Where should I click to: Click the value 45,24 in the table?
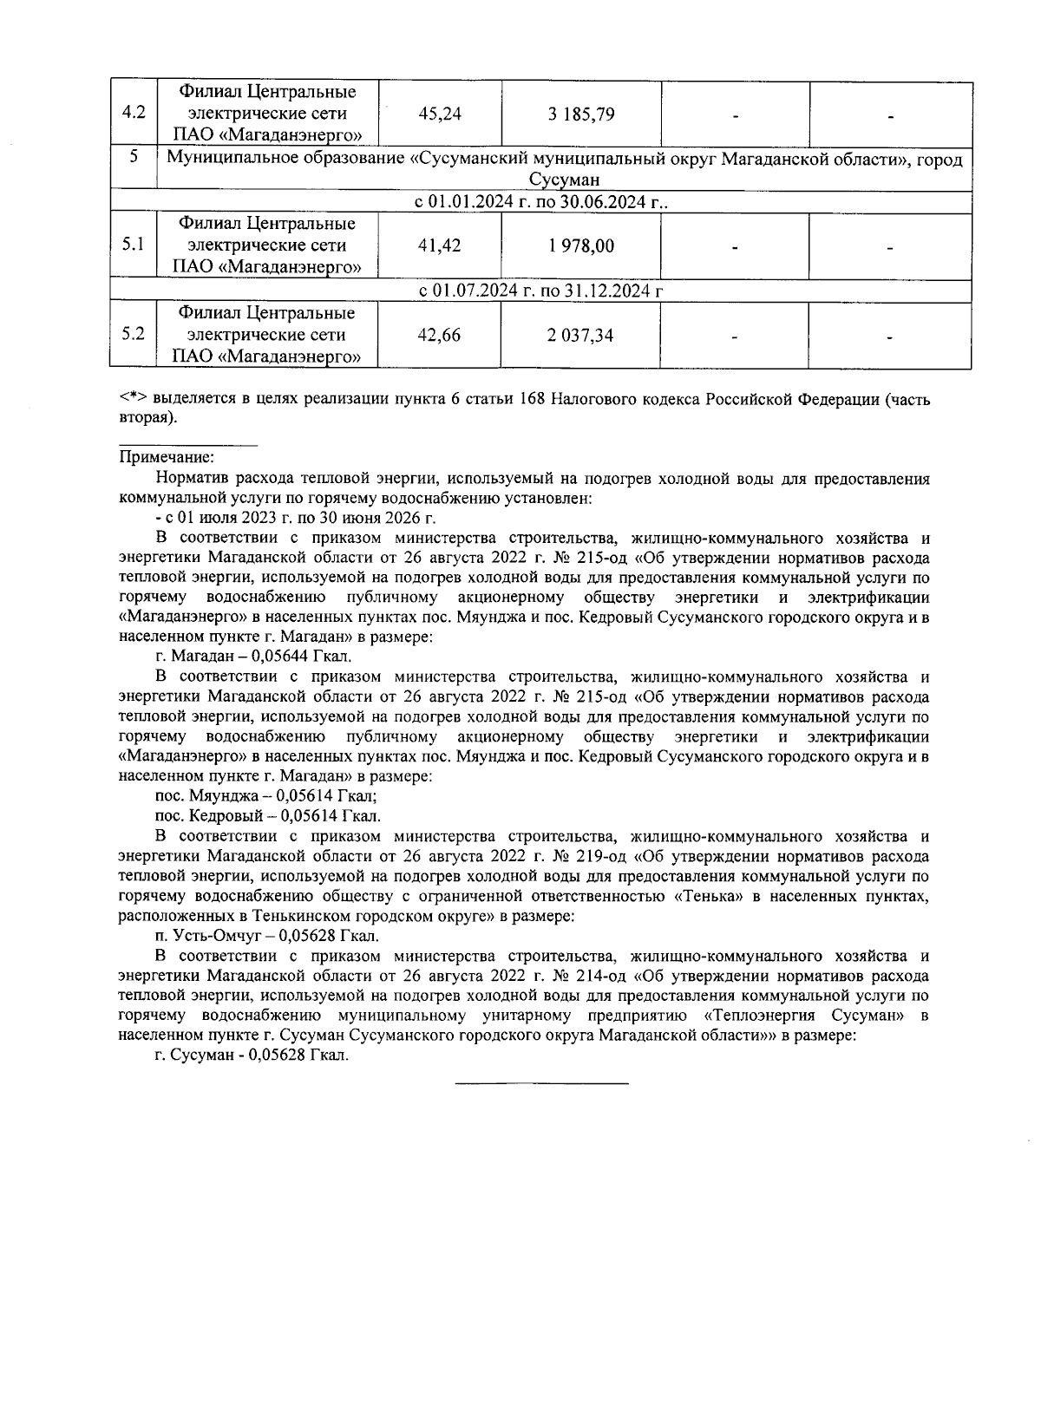tap(440, 114)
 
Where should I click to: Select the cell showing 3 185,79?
tap(580, 114)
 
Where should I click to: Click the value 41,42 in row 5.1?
tap(440, 246)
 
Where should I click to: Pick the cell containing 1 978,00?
tap(580, 246)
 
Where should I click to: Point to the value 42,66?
tap(440, 336)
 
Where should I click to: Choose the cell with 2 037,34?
tap(580, 336)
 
